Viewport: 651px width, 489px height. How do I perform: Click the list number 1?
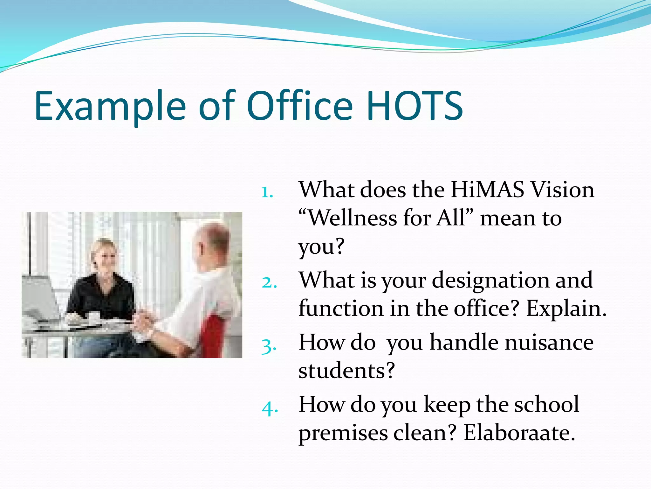click(x=267, y=192)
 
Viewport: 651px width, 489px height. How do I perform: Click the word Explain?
click(x=566, y=309)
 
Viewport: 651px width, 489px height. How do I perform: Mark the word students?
click(x=346, y=371)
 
